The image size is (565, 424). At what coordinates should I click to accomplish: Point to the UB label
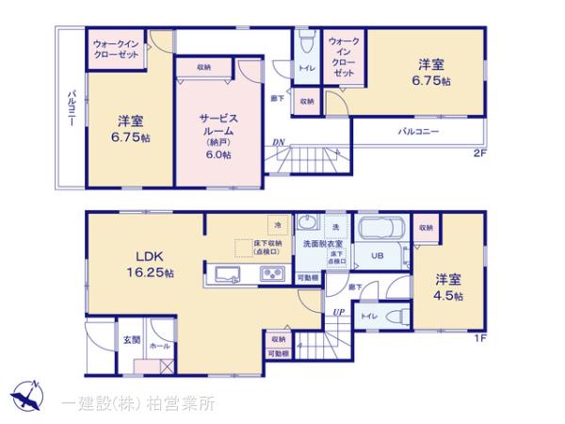pos(376,255)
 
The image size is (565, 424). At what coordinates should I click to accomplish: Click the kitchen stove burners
pos(272,274)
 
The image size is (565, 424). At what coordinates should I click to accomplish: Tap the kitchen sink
pos(230,274)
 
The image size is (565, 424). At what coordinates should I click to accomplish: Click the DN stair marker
pos(279,143)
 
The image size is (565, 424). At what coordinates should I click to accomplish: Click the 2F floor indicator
pos(480,154)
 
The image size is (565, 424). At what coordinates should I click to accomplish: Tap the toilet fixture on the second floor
pos(306,43)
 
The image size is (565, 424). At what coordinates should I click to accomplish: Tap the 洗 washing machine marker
pos(334,227)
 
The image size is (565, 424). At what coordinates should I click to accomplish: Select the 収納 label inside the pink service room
pos(203,68)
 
